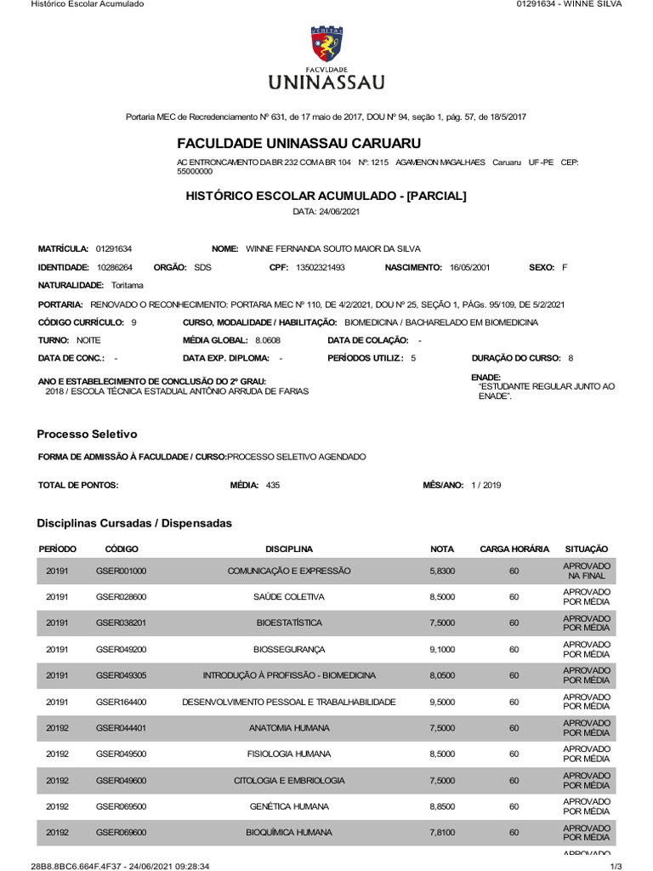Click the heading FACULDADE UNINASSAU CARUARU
[298, 143]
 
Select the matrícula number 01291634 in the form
[114, 248]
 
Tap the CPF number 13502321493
[321, 267]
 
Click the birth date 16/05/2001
[474, 267]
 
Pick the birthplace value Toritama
[128, 286]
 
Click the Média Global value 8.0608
[267, 340]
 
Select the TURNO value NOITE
[88, 340]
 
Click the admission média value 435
[272, 485]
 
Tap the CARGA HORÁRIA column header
[514, 549]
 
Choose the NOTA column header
[442, 549]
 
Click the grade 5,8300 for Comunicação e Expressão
[442, 571]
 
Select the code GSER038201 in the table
[121, 623]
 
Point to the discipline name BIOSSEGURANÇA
[289, 649]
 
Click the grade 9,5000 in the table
[442, 702]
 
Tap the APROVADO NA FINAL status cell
[587, 571]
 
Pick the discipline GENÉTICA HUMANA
[289, 806]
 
